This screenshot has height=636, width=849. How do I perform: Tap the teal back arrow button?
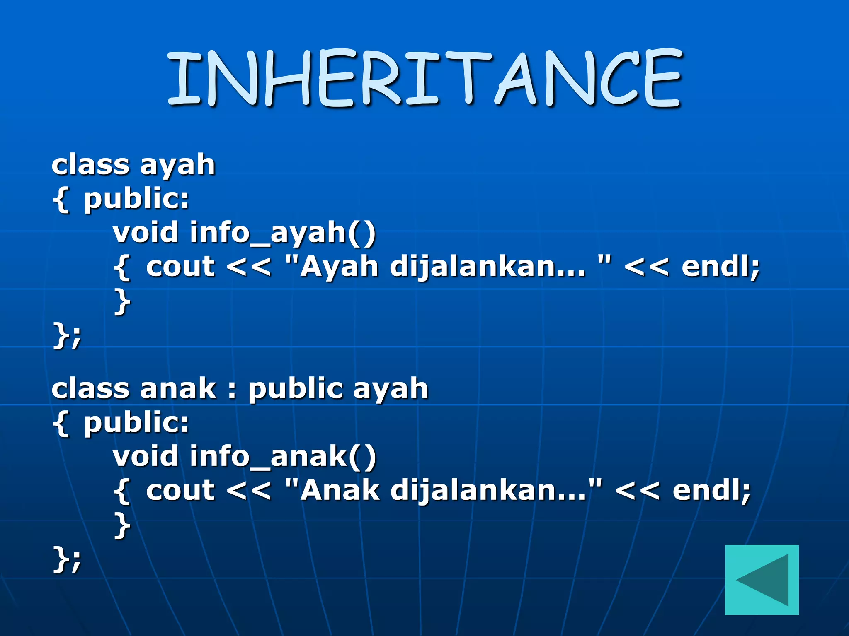(x=762, y=580)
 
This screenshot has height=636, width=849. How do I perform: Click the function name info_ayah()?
(x=283, y=233)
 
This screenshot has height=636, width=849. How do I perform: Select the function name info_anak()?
(x=283, y=457)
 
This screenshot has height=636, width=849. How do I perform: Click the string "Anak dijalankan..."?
(x=444, y=490)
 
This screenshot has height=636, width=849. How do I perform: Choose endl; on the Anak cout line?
(x=711, y=490)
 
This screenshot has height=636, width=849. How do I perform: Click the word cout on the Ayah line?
(x=180, y=267)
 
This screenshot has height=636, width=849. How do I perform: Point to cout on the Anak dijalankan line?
(x=180, y=491)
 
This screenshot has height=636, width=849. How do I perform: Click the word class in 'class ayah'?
(x=90, y=165)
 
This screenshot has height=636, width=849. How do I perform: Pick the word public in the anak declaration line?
(x=295, y=390)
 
